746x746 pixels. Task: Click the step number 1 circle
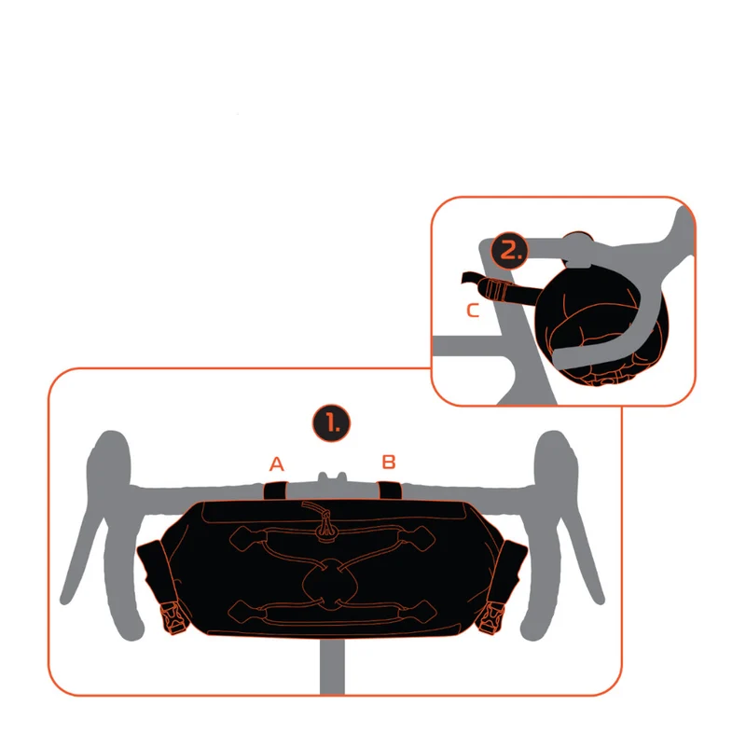(331, 423)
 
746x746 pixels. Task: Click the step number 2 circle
(509, 250)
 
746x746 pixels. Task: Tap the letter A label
(276, 463)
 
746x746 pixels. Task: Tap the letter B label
(389, 462)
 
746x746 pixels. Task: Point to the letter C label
(473, 311)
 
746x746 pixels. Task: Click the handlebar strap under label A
(275, 490)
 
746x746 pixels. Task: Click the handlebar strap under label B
(389, 490)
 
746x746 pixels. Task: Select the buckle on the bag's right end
(491, 617)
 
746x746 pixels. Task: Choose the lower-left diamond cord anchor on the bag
(247, 612)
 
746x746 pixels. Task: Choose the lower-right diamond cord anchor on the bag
(418, 612)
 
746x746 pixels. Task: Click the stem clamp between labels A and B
(332, 477)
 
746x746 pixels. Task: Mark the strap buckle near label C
(495, 290)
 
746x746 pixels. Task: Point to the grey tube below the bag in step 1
(332, 666)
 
